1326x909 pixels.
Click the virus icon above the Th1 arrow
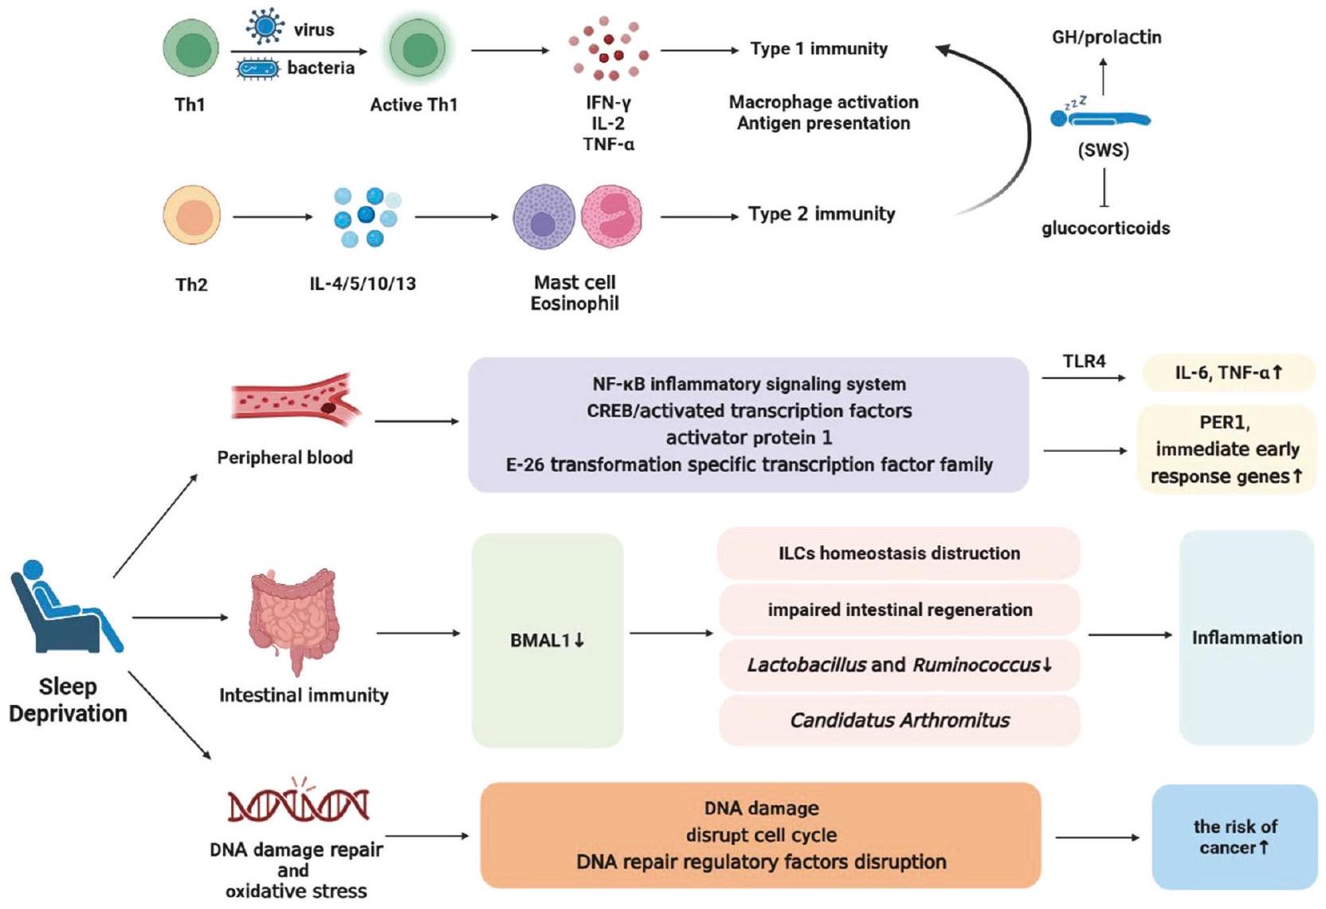click(x=265, y=26)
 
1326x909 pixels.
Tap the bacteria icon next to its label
click(x=258, y=69)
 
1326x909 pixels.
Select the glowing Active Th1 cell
click(x=418, y=49)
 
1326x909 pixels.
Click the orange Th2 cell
click(x=191, y=216)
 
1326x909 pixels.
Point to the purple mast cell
click(x=543, y=217)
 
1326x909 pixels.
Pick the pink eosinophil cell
click(x=611, y=216)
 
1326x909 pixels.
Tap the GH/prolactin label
click(x=1106, y=37)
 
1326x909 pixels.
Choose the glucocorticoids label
click(x=1105, y=229)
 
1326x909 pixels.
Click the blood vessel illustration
click(x=295, y=398)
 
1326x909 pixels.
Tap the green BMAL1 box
click(x=547, y=641)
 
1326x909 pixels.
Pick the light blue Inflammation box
click(x=1246, y=637)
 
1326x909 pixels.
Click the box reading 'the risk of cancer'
click(x=1234, y=837)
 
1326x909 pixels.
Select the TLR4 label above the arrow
click(x=1084, y=362)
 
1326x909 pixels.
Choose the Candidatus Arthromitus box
click(x=899, y=720)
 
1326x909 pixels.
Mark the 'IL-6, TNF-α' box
click(x=1228, y=373)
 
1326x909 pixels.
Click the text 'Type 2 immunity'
click(x=821, y=214)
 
